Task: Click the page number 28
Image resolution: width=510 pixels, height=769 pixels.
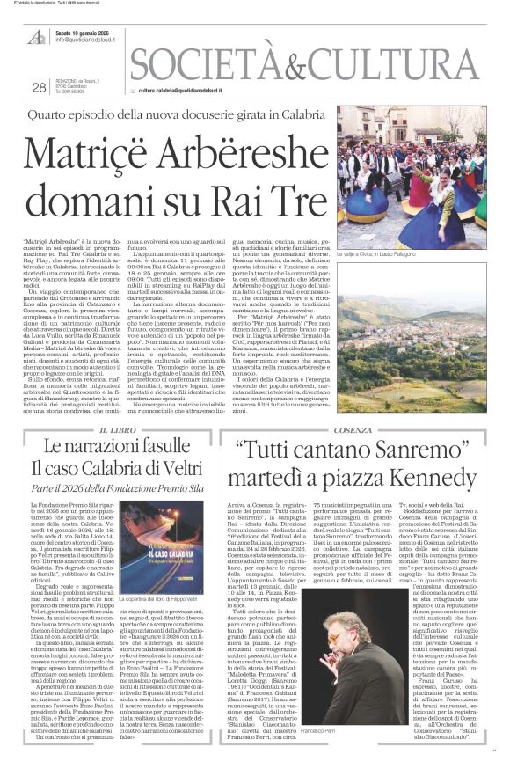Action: (39, 86)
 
